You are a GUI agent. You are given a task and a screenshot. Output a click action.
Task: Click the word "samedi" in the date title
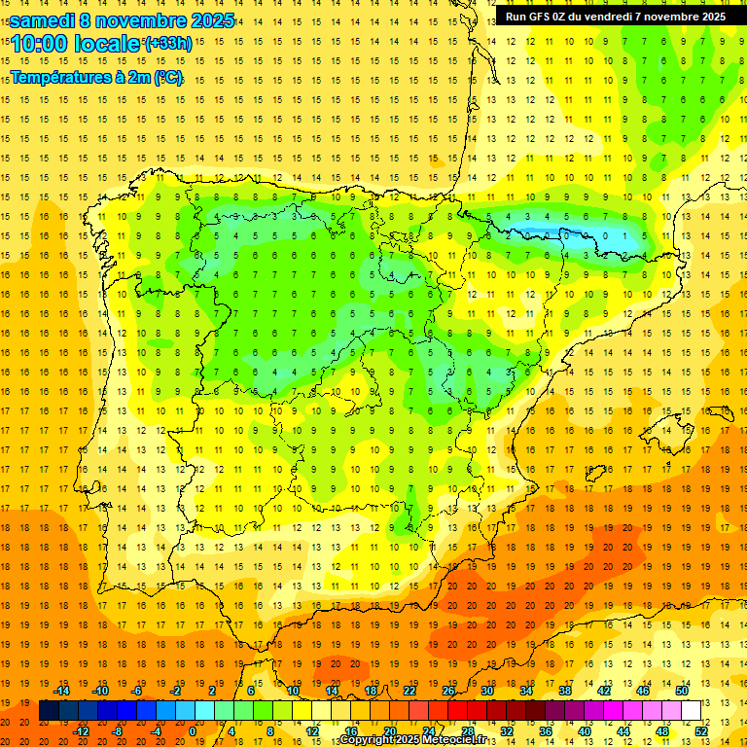point(42,20)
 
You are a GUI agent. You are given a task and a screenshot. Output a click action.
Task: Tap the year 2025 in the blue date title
point(205,20)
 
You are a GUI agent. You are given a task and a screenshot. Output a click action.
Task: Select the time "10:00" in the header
point(43,44)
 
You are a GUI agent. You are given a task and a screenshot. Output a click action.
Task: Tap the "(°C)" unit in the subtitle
point(166,78)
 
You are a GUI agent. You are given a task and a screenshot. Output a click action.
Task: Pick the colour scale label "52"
point(701,731)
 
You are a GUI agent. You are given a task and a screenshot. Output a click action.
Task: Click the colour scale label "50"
point(681,691)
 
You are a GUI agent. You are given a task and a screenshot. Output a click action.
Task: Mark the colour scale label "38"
point(564,691)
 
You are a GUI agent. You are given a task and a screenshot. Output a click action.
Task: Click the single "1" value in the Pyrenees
point(605,235)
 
